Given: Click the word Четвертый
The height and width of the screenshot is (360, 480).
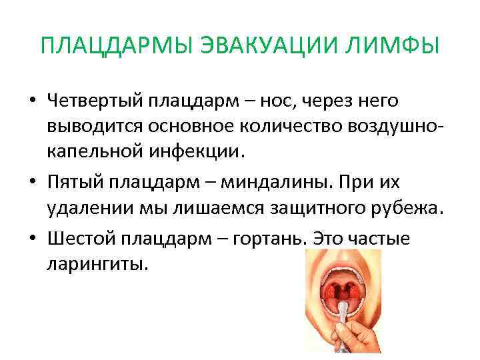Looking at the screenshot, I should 94,101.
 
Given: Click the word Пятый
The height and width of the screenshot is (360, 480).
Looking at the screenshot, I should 72,182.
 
